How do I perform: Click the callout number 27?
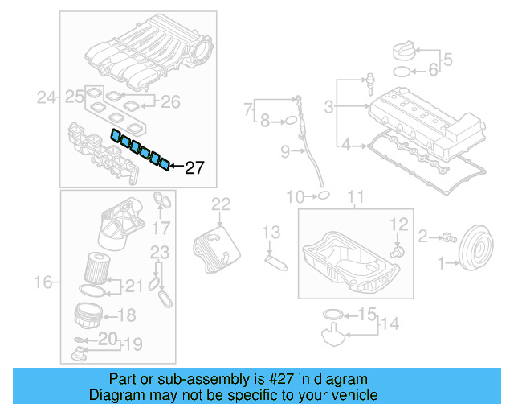tap(195, 168)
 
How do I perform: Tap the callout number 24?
tap(47, 98)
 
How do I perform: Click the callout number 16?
tap(46, 282)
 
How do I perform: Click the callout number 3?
tap(329, 106)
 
